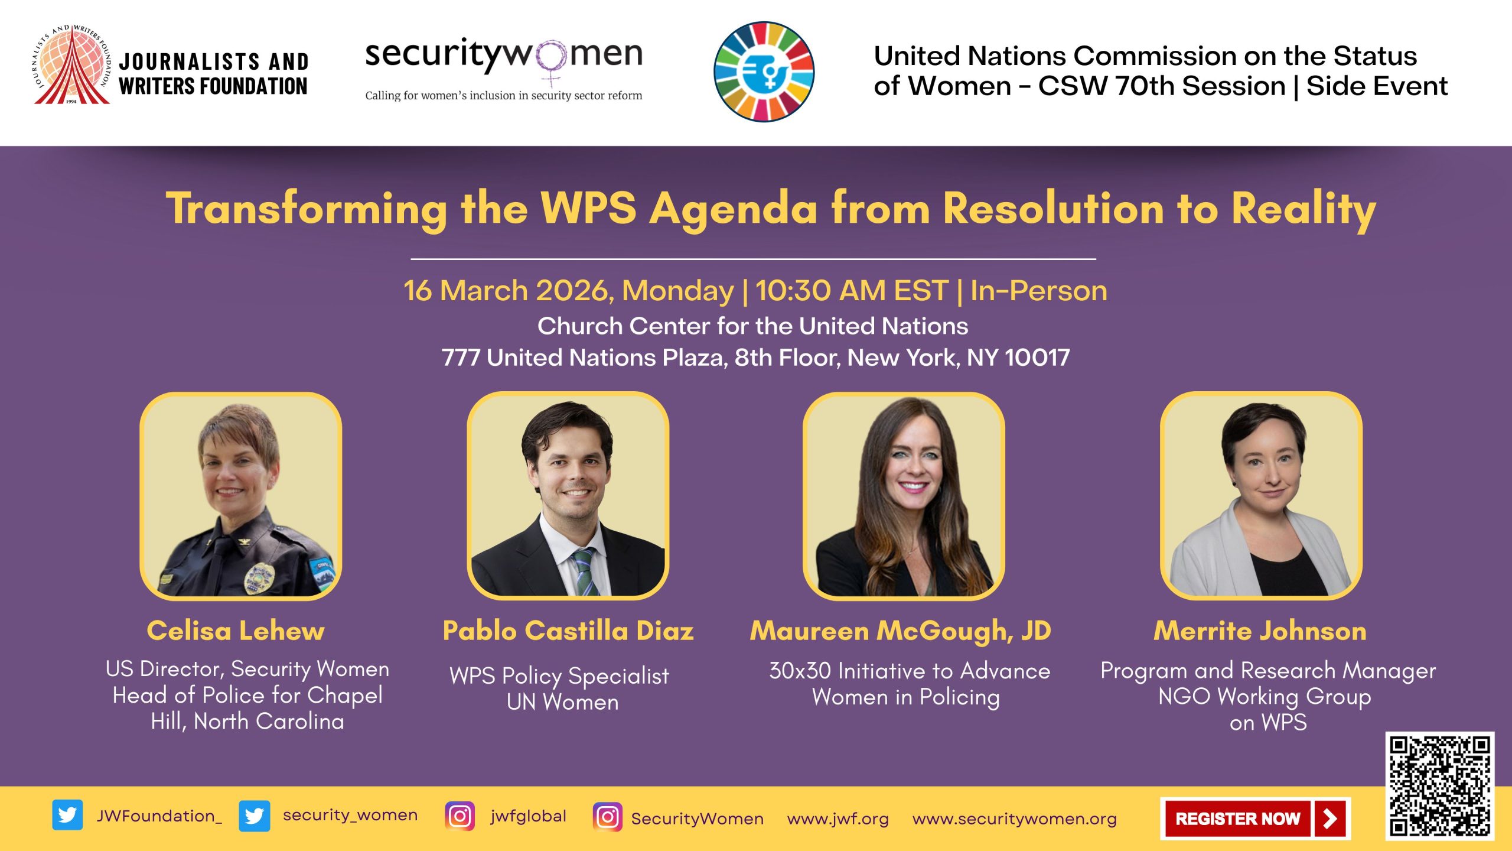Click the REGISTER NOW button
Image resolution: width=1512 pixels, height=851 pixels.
point(1255,818)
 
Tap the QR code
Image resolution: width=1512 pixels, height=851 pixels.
point(1439,785)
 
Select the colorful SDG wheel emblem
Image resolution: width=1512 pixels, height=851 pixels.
point(764,72)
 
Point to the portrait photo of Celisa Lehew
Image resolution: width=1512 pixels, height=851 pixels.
point(241,496)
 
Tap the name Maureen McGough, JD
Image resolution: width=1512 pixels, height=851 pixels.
point(901,631)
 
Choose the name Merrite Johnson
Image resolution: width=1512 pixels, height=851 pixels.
point(1260,631)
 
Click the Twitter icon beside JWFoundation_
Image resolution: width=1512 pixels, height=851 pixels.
point(67,816)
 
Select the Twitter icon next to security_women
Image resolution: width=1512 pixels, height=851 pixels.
point(255,816)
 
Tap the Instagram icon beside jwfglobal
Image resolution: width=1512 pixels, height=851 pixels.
point(460,816)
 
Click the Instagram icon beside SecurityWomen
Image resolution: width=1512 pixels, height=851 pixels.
point(607,817)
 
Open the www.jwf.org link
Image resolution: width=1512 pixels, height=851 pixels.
point(838,818)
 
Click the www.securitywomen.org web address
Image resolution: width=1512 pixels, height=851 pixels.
point(1014,818)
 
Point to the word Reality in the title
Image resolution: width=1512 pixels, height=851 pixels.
point(1304,209)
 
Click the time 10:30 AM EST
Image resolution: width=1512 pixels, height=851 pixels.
point(852,291)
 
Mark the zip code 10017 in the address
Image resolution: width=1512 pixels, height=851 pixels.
point(1037,358)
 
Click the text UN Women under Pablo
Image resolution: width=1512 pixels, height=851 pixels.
point(562,702)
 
